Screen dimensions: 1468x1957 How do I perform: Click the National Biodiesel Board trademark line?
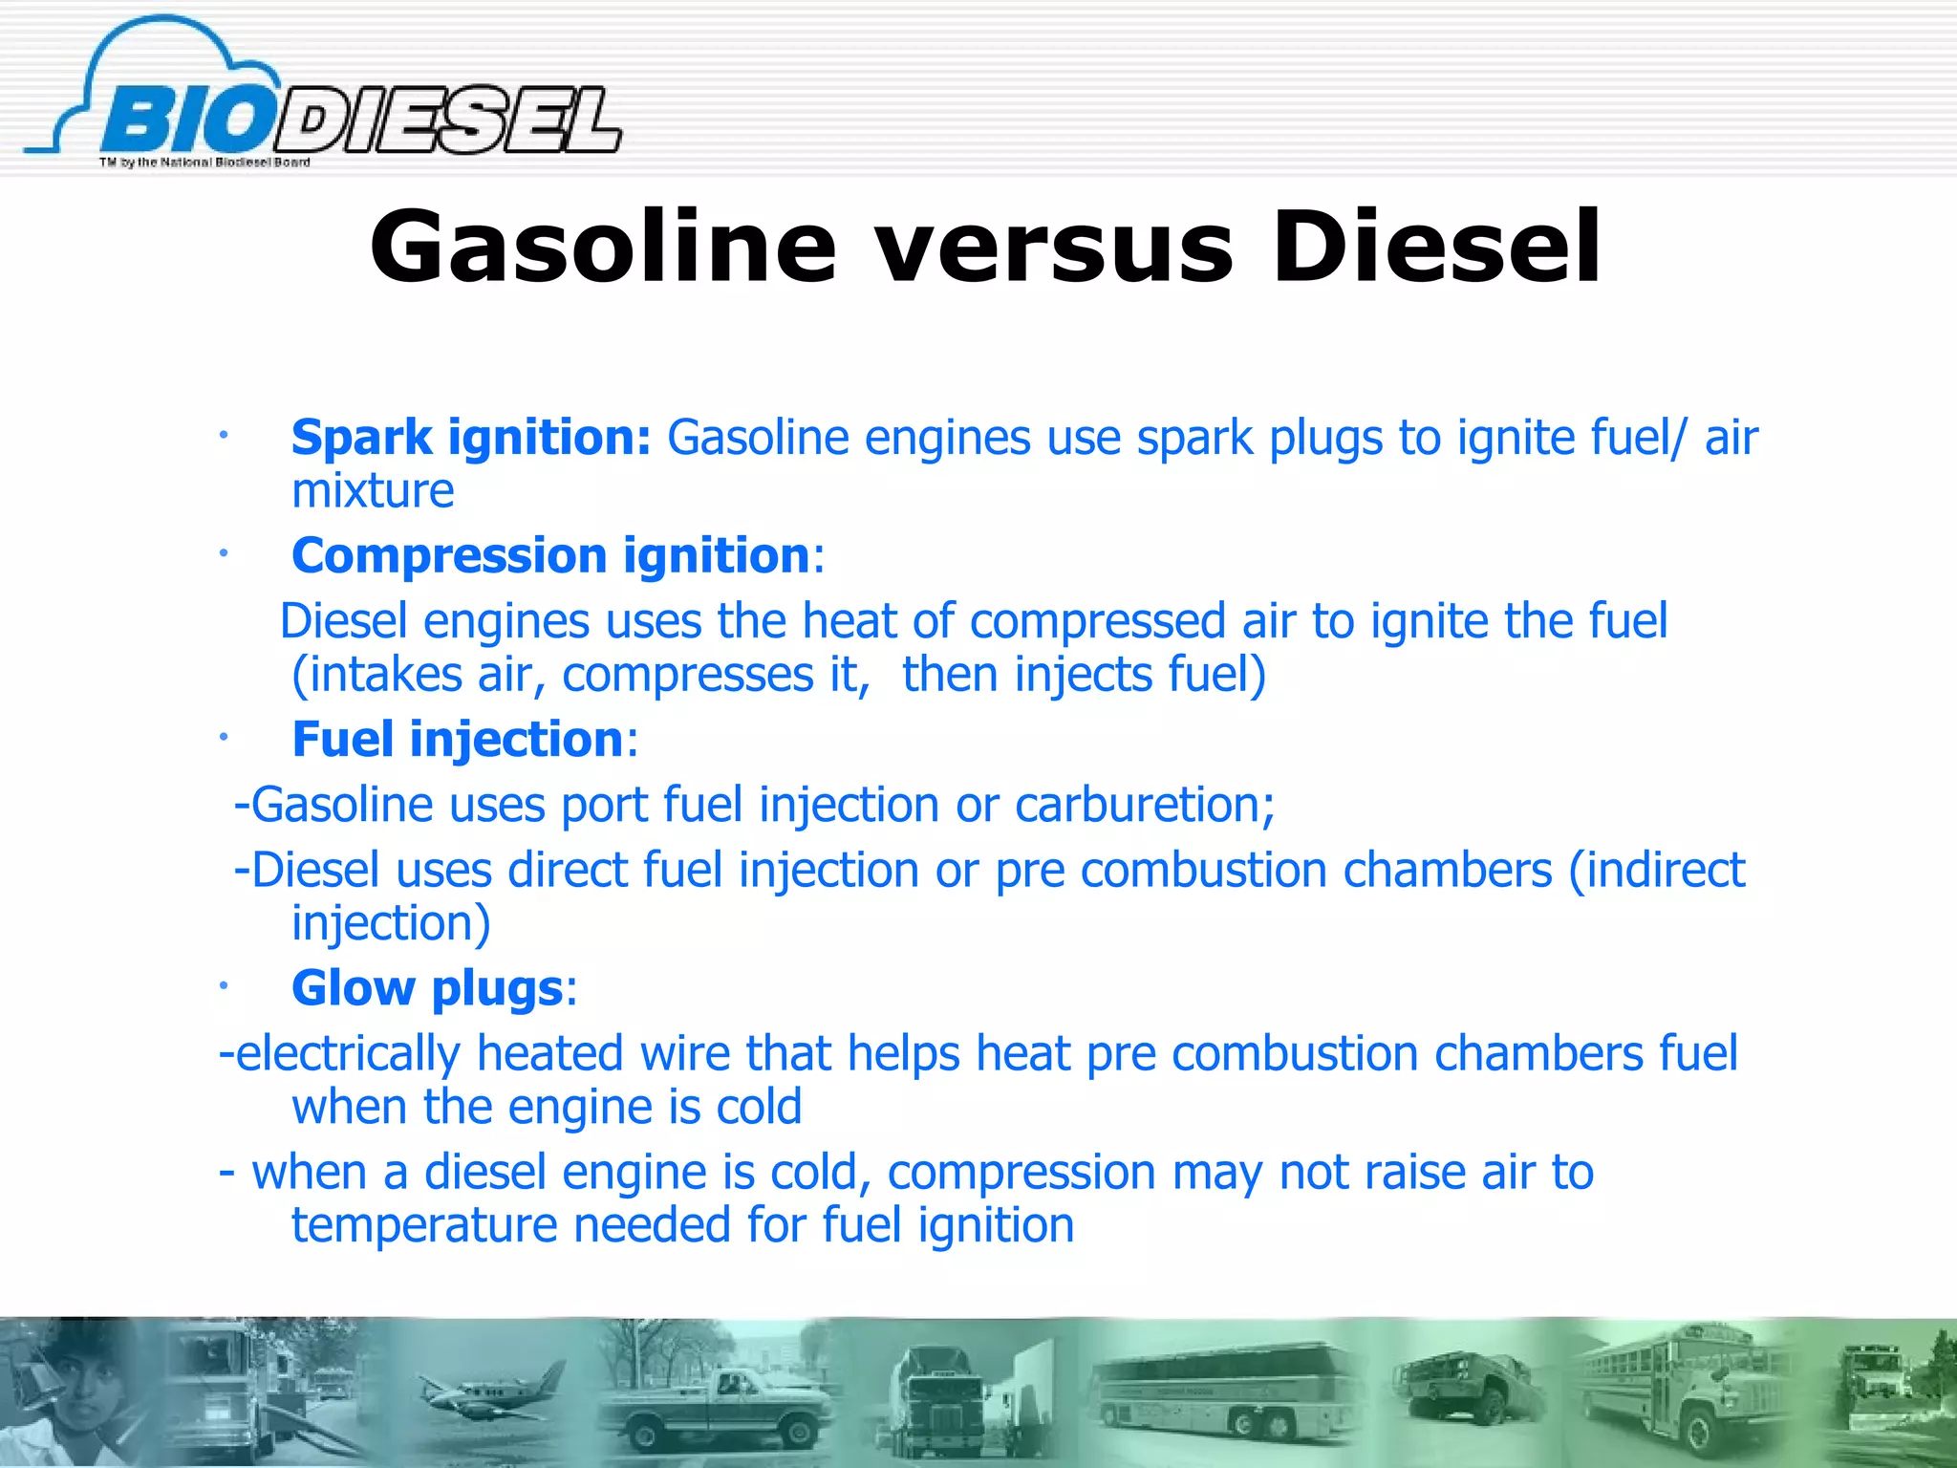[x=204, y=162]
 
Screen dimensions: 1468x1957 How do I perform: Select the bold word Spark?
[x=361, y=439]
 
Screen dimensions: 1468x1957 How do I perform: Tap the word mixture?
[x=373, y=491]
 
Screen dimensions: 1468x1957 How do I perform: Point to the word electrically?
[x=339, y=1054]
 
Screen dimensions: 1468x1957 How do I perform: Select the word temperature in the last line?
[x=423, y=1225]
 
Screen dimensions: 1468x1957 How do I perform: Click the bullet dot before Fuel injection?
[x=222, y=737]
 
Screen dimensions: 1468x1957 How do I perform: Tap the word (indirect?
[x=1657, y=871]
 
